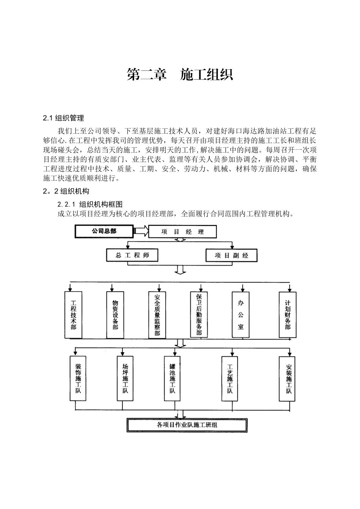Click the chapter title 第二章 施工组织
point(180,75)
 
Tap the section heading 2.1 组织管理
point(63,118)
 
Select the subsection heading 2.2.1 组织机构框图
point(90,205)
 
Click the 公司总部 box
point(104,231)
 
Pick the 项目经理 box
point(182,232)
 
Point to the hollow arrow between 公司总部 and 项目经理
point(140,231)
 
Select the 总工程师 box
point(132,255)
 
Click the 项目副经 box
point(231,256)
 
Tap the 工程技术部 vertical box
point(74,315)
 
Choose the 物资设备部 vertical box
point(115,315)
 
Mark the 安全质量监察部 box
point(157,315)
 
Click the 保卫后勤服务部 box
point(199,315)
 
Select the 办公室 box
point(241,315)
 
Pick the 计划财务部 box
point(288,315)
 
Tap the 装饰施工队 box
point(78,378)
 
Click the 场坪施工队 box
point(125,378)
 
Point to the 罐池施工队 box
point(172,378)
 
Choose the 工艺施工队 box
point(230,378)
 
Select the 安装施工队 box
point(288,378)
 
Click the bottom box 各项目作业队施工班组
point(187,425)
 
